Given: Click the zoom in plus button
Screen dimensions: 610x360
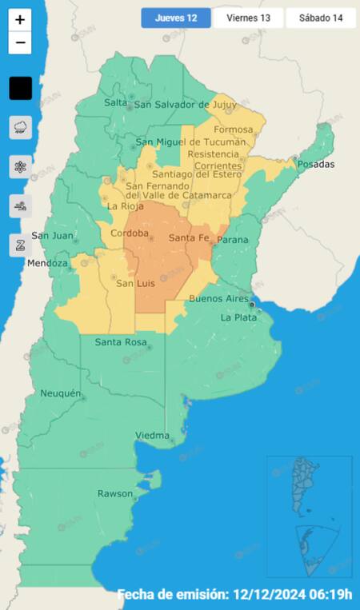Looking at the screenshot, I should coord(20,20).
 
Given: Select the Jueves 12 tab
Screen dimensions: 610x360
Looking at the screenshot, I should coord(176,18).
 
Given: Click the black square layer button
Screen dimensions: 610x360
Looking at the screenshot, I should coord(20,88).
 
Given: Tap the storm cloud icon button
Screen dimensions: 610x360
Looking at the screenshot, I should coord(20,126).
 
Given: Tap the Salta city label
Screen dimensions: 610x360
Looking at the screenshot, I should coord(115,102).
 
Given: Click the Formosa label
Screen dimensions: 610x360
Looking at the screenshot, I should coord(234,130).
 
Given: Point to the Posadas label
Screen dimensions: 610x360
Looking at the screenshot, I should coord(315,164).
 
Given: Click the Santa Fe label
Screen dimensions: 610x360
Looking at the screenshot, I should coord(189,238).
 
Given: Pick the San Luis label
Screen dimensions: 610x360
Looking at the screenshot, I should coord(135,283).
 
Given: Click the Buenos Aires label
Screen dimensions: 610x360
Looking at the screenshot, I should coord(219,298).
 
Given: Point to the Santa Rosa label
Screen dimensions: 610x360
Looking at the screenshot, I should coord(119,342).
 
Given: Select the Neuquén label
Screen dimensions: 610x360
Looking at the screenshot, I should coord(61,393).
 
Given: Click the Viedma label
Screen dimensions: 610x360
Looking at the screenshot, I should coord(152,435).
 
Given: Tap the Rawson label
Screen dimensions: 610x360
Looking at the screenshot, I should coord(115,493).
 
